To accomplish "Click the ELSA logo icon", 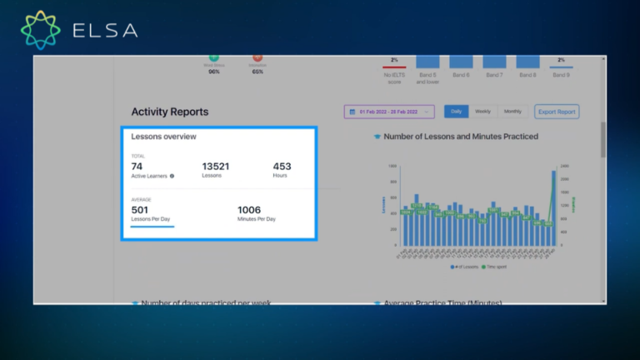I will [41, 30].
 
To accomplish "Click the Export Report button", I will [557, 112].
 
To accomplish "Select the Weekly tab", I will [483, 112].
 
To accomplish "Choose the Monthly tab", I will [512, 112].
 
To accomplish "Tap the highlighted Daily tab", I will [456, 112].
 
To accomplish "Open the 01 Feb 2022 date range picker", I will [389, 112].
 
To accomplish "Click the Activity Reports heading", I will [170, 112].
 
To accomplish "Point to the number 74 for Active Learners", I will [137, 167].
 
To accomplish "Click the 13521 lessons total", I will [215, 167].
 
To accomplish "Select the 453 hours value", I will [282, 167].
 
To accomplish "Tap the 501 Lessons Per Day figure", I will [139, 210].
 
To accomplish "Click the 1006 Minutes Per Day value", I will [249, 210].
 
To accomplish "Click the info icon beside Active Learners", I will [172, 177].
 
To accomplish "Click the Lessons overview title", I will [163, 137].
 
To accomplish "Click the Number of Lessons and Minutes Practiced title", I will [460, 137].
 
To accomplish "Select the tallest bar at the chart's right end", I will [553, 208].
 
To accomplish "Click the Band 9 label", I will [561, 75].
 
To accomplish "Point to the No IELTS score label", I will [393, 78].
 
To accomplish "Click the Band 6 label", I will [461, 75].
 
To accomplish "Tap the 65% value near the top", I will [257, 72].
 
